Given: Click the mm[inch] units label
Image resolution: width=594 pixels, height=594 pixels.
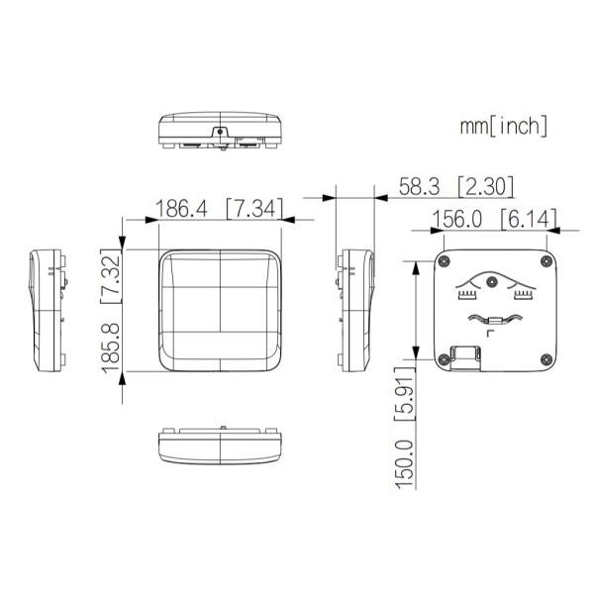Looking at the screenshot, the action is click(x=504, y=126).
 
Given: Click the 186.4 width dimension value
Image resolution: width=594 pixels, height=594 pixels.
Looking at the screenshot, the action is click(x=181, y=208).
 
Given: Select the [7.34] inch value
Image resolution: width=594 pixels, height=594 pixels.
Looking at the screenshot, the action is click(x=254, y=208).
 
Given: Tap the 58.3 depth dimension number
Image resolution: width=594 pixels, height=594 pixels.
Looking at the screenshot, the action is click(x=420, y=186).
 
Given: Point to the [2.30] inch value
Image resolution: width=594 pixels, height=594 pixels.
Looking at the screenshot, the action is click(x=486, y=186).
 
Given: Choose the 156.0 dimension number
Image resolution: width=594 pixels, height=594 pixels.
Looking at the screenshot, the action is click(x=456, y=219).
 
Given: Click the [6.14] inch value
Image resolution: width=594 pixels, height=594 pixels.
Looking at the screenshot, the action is click(x=529, y=219).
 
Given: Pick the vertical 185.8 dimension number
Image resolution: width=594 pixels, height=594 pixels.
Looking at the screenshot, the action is click(x=111, y=347).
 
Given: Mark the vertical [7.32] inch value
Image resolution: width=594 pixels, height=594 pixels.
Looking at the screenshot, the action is click(x=111, y=276).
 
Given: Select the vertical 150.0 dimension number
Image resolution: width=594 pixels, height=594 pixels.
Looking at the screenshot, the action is click(x=405, y=464).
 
